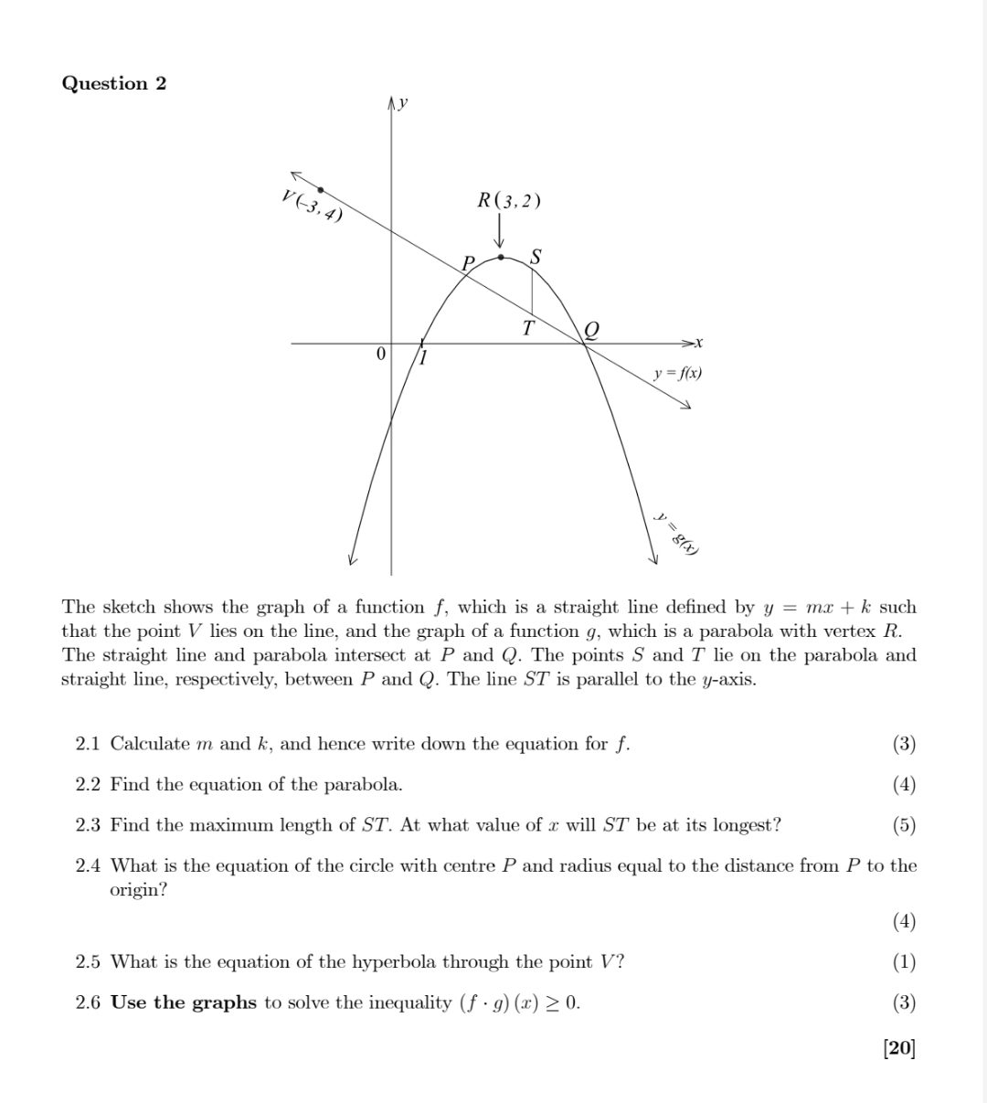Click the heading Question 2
click(x=114, y=83)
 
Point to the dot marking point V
click(x=320, y=189)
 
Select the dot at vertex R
click(x=501, y=258)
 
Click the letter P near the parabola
click(x=469, y=263)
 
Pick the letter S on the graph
click(x=536, y=256)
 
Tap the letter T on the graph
click(x=528, y=327)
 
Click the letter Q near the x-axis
click(x=592, y=329)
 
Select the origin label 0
click(x=381, y=353)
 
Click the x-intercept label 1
click(x=423, y=356)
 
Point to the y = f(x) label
click(x=678, y=373)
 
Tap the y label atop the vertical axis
click(x=404, y=103)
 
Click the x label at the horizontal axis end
click(x=698, y=343)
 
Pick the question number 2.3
click(x=88, y=825)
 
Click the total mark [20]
click(x=899, y=1047)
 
